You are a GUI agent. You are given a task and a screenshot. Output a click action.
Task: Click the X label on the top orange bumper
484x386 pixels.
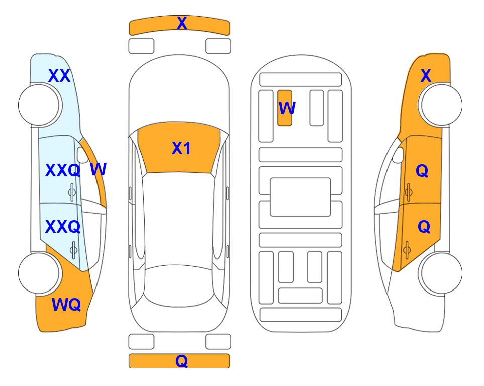pyautogui.click(x=182, y=23)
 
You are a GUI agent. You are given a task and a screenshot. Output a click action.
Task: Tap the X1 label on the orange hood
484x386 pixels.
pyautogui.click(x=181, y=148)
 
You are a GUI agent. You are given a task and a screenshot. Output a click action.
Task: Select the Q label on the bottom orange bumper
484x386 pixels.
pyautogui.click(x=182, y=361)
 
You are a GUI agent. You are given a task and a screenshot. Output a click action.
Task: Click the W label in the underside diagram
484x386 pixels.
pyautogui.click(x=287, y=108)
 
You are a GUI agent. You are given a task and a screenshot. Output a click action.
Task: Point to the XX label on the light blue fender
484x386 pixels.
pyautogui.click(x=59, y=76)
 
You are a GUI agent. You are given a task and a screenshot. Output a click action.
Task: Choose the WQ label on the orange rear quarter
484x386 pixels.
pyautogui.click(x=66, y=305)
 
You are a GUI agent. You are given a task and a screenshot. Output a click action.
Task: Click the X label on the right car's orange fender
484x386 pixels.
pyautogui.click(x=426, y=76)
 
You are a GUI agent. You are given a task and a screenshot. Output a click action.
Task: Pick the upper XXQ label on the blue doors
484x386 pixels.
pyautogui.click(x=63, y=170)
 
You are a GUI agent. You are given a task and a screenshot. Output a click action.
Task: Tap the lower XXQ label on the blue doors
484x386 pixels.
pyautogui.click(x=63, y=227)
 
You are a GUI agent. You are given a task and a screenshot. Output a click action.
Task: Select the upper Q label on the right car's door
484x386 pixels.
pyautogui.click(x=422, y=170)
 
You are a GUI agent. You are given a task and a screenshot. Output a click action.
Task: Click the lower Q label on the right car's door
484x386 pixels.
pyautogui.click(x=424, y=227)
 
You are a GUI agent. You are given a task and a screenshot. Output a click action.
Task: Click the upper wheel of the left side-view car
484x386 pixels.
pyautogui.click(x=39, y=105)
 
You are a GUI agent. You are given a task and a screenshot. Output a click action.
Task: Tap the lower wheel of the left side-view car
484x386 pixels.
pyautogui.click(x=39, y=273)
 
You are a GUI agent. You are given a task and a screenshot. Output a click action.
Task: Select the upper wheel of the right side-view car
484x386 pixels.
pyautogui.click(x=441, y=105)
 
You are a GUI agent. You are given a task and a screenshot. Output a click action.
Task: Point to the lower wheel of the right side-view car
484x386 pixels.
pyautogui.click(x=441, y=273)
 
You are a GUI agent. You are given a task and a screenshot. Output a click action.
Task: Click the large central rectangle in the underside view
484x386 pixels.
pyautogui.click(x=301, y=197)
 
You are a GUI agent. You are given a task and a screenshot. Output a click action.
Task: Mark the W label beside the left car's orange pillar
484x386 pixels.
pyautogui.click(x=99, y=169)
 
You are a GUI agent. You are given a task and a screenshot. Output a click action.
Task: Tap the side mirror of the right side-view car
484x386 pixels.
pyautogui.click(x=398, y=155)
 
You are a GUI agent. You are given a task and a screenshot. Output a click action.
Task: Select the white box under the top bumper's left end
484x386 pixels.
pyautogui.click(x=141, y=46)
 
